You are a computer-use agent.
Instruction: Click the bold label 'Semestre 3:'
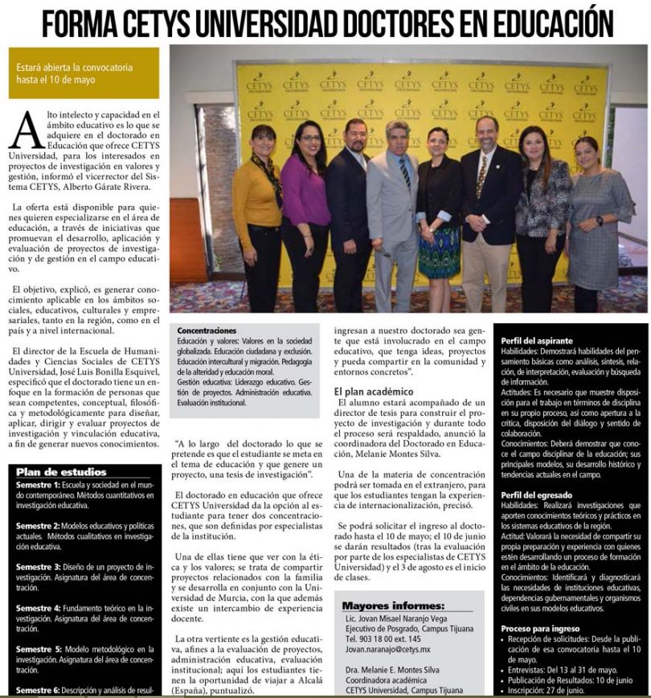38,566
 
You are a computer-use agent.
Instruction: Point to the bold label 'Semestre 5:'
38,648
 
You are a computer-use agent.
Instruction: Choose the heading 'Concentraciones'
207,331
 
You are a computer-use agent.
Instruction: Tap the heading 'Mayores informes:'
392,606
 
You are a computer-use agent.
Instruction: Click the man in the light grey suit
393,209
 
